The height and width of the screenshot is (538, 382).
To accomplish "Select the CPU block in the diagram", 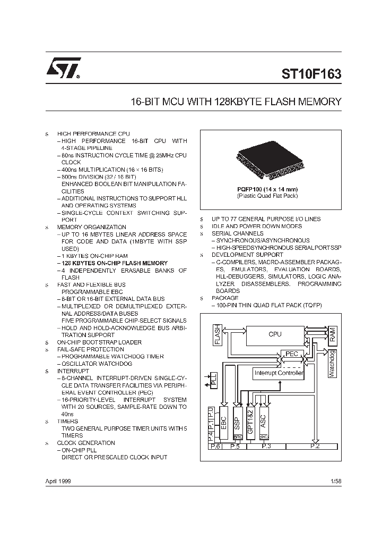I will [x=275, y=334].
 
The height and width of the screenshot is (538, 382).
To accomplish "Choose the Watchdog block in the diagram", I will [x=332, y=364].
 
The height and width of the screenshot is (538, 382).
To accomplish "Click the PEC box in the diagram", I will [x=292, y=354].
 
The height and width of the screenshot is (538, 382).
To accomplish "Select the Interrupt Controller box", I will [x=279, y=373].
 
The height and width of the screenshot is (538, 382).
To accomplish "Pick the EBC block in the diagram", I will [x=224, y=423].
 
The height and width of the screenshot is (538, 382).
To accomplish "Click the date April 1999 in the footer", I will [x=58, y=481].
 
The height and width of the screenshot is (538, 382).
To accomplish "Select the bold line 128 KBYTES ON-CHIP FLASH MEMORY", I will [x=115, y=263].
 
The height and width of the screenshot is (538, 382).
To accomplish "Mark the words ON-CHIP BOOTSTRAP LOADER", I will [x=99, y=342].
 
